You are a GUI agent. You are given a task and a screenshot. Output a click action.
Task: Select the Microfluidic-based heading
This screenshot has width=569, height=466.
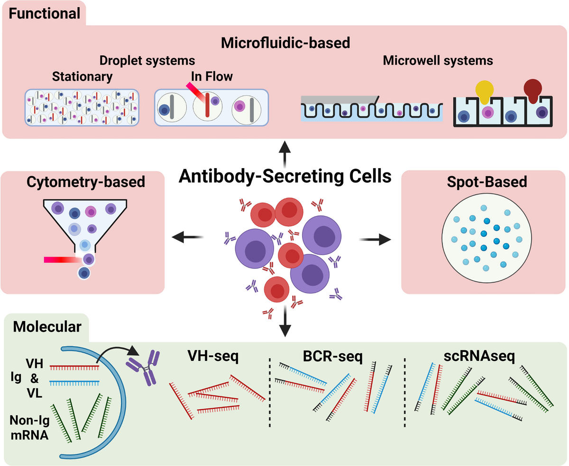285,43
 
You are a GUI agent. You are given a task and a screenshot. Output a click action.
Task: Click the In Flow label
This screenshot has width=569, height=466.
211,76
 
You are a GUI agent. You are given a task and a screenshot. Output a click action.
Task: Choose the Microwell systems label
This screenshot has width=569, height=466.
438,61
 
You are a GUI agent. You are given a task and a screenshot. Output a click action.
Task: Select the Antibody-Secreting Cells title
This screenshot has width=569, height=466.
285,177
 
